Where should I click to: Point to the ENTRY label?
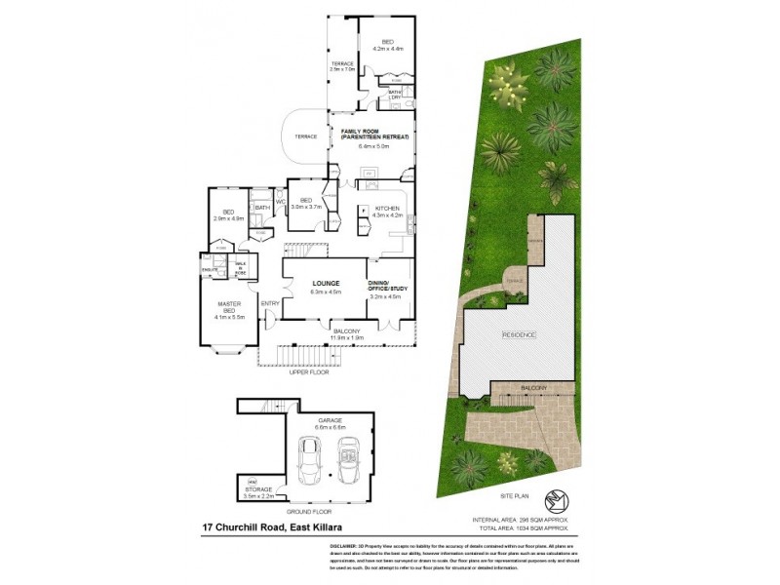point(270,303)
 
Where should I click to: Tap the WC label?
point(279,202)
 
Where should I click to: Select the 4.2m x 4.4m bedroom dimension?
point(387,48)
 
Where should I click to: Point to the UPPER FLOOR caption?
point(308,372)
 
